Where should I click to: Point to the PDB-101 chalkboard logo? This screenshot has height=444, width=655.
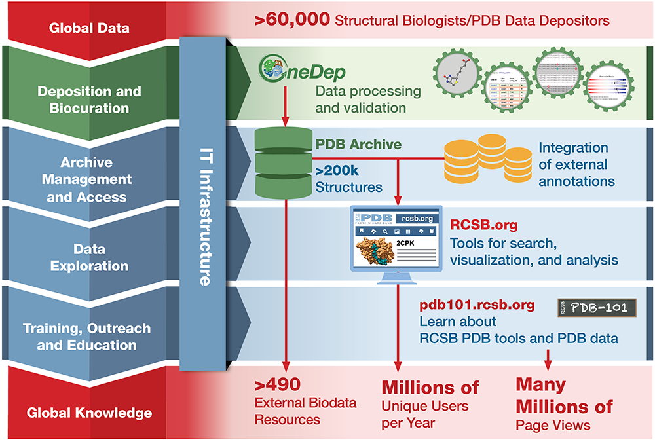(597, 306)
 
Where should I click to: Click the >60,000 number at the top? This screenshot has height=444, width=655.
(292, 20)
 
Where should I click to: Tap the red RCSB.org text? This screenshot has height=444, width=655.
(483, 225)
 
